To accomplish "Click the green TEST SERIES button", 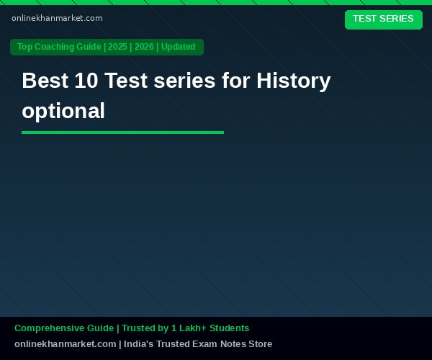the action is point(384,19).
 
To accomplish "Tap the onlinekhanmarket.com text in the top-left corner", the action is point(57,18).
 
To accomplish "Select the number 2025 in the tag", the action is point(117,47).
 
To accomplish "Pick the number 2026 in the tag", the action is point(144,47).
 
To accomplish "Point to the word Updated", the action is point(179,47).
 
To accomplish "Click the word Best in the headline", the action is point(45,81).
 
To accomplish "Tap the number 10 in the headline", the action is point(86,81).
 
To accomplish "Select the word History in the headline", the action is point(294,81).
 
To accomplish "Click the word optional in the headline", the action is point(63,112).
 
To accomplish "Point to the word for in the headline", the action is point(236,81).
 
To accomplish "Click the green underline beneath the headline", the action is point(123,132).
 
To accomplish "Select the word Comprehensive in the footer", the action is point(64,328).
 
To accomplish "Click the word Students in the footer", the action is point(229,328).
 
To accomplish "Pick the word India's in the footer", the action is point(138,343).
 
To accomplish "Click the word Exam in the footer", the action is point(204,343).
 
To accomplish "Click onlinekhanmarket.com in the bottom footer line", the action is point(66,343).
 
